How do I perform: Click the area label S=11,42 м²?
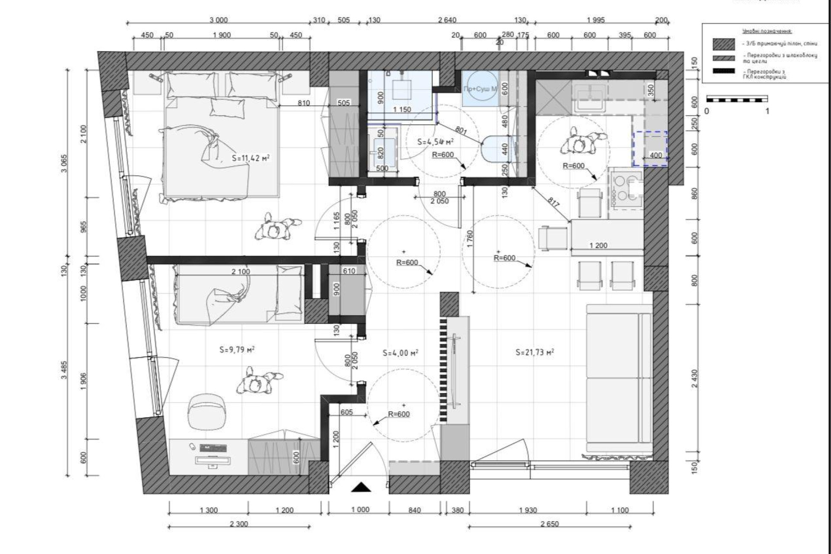click(x=251, y=158)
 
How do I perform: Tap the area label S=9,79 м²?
click(x=236, y=350)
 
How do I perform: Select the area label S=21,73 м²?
click(x=535, y=352)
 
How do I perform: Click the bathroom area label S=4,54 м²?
click(x=435, y=142)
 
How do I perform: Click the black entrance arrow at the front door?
click(x=361, y=487)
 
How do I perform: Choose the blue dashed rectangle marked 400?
click(x=650, y=149)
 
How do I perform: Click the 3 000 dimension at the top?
click(x=219, y=20)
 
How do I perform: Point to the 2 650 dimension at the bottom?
click(x=550, y=524)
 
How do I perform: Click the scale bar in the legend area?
click(x=737, y=99)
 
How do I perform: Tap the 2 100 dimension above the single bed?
click(x=241, y=271)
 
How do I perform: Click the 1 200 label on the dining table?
click(x=599, y=245)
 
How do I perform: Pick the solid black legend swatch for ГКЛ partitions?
click(x=724, y=71)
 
